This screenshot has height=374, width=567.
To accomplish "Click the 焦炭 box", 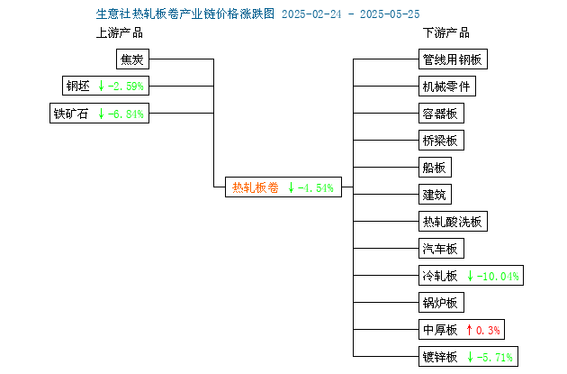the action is (x=132, y=59).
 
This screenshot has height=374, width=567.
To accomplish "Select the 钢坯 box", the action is (x=105, y=86).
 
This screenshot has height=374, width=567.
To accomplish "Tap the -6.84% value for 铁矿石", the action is (x=125, y=114).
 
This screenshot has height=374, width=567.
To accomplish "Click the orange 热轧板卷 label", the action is (x=256, y=187).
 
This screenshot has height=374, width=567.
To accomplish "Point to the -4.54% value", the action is (x=315, y=188).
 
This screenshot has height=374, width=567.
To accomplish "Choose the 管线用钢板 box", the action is (x=453, y=59).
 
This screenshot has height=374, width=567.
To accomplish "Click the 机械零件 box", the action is (x=447, y=87).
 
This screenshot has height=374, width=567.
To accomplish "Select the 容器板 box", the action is (x=441, y=114).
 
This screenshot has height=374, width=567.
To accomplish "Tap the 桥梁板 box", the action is (x=441, y=140).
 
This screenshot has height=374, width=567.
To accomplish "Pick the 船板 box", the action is (x=435, y=168).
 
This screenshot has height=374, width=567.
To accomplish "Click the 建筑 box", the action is (x=435, y=195).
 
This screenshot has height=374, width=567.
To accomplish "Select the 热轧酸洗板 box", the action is (x=453, y=221).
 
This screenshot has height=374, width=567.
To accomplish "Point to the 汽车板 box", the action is (x=441, y=249).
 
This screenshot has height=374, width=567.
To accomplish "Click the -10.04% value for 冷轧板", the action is (x=498, y=277).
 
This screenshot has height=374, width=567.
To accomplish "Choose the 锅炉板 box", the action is (x=441, y=302).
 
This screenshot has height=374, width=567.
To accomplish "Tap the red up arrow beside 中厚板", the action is (x=469, y=330).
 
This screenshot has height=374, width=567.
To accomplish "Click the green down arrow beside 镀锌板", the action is (x=470, y=357).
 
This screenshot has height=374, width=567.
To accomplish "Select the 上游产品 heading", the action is (x=120, y=33).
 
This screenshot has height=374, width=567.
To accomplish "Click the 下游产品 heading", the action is (x=446, y=33).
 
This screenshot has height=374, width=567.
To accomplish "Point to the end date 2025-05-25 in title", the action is (x=390, y=14).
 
